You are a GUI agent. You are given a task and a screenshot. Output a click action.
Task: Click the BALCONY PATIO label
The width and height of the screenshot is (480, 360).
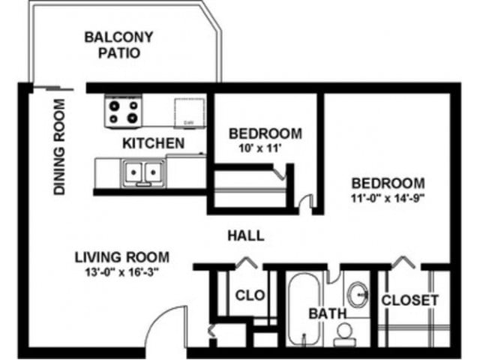click(x=118, y=45)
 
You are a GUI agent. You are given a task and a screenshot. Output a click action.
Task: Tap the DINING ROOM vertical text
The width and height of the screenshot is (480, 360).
click(x=59, y=147)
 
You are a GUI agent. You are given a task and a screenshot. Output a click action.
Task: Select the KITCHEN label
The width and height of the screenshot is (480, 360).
click(x=153, y=142)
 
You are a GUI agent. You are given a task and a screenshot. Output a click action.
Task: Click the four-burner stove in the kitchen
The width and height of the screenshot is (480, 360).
click(x=124, y=112)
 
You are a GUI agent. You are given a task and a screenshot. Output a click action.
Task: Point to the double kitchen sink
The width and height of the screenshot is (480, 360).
click(x=142, y=173)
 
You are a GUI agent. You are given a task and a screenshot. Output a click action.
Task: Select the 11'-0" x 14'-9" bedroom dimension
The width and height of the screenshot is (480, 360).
click(x=388, y=199)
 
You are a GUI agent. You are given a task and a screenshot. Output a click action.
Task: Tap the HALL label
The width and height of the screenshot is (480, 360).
click(x=246, y=235)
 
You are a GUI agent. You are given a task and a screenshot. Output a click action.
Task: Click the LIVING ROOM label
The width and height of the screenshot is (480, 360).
click(x=121, y=256)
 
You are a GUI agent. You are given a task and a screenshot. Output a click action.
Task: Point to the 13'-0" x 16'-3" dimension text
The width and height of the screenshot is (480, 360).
click(x=121, y=271)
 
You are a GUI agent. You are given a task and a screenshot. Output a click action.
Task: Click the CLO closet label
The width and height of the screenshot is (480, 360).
click(x=250, y=295)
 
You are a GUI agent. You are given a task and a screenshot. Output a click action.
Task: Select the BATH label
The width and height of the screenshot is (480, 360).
click(x=325, y=313)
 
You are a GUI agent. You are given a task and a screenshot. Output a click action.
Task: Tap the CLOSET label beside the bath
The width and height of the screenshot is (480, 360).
click(x=409, y=300)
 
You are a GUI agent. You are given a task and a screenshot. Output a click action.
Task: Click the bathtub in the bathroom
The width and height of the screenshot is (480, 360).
click(x=302, y=307)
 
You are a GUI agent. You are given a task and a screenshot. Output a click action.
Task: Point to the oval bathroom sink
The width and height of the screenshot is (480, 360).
click(x=358, y=292)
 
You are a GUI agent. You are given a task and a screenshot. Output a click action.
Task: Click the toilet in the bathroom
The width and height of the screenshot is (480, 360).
click(x=346, y=331)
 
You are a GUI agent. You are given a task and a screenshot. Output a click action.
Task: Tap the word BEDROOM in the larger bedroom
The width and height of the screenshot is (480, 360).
click(x=388, y=183)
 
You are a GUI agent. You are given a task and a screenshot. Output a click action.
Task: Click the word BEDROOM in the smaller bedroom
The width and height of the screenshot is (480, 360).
click(x=265, y=133)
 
